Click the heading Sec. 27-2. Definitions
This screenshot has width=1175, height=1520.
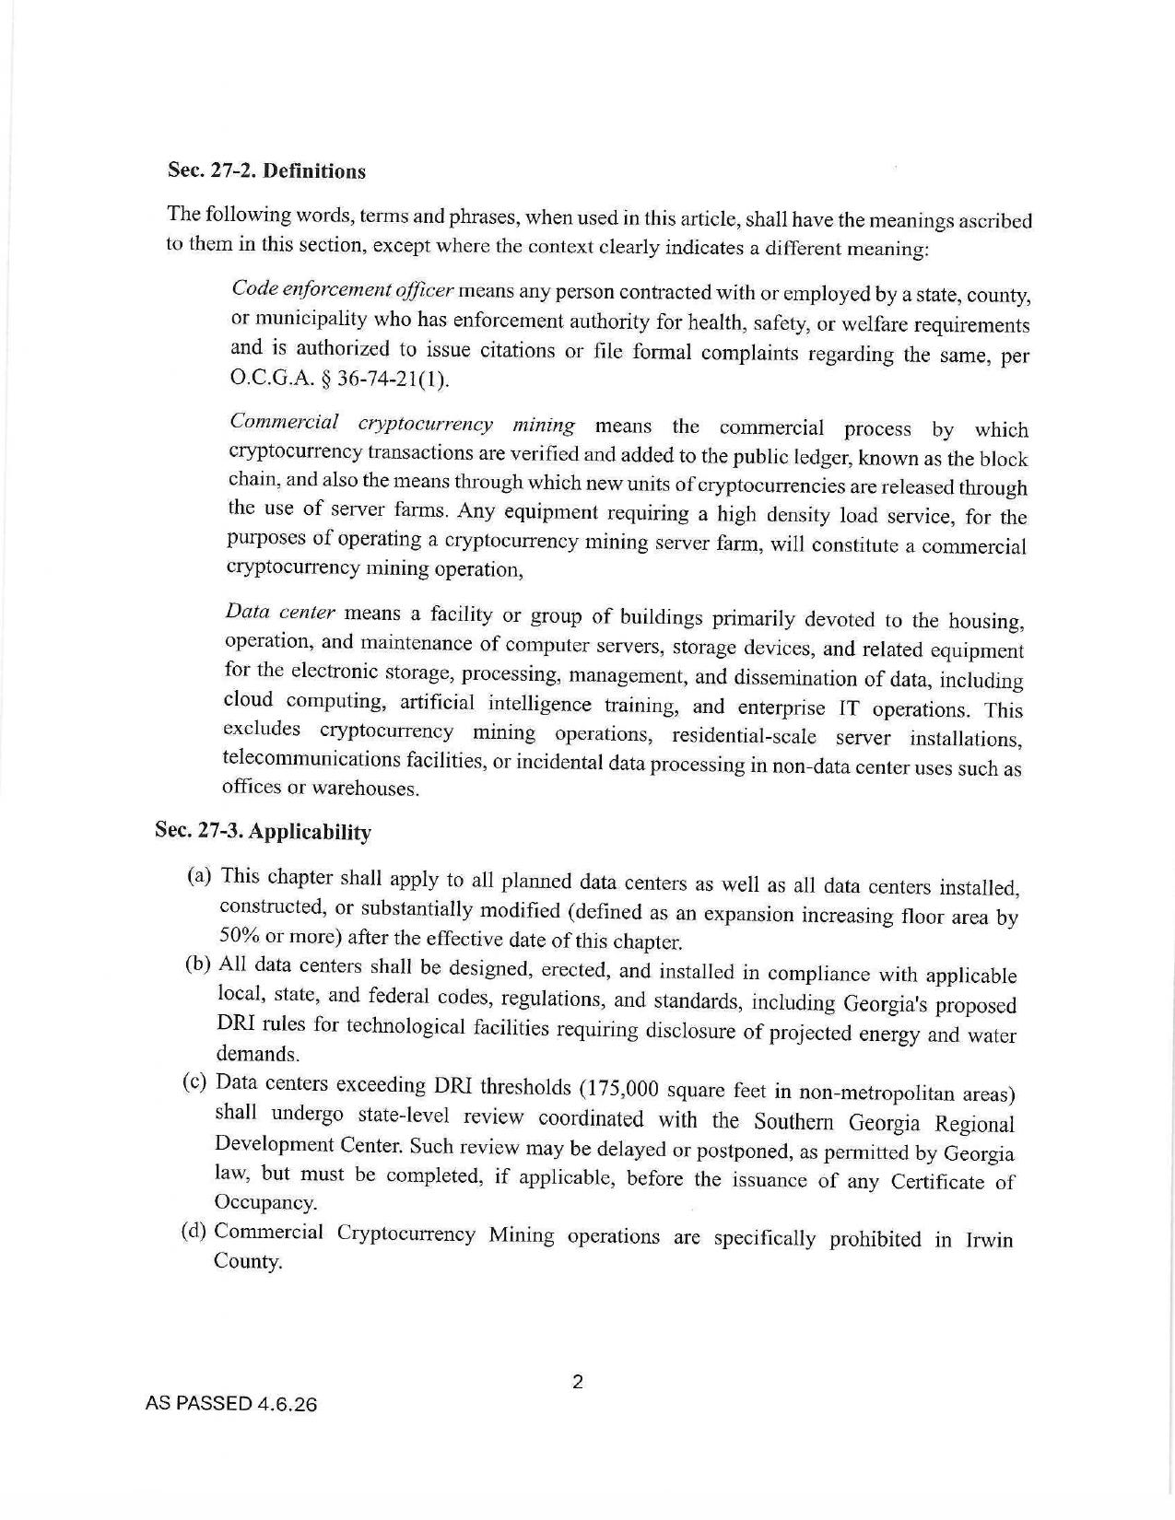[266, 171]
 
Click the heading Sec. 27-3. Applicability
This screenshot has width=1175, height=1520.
[263, 831]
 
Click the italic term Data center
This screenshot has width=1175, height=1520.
[280, 613]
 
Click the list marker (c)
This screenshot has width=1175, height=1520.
[195, 1082]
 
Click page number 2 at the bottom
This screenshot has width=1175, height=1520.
[578, 1382]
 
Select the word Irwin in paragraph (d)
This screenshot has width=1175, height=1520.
[988, 1240]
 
